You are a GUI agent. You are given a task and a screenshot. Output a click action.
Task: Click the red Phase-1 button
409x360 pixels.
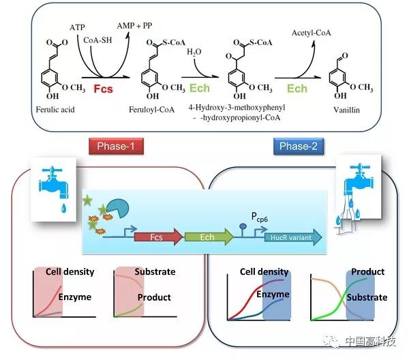tap(116, 146)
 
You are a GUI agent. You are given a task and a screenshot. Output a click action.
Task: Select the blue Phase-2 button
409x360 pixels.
tap(299, 146)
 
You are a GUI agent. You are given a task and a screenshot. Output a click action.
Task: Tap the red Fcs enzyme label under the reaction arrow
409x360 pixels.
tap(104, 89)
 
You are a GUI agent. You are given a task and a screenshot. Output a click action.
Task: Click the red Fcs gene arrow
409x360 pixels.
tap(158, 237)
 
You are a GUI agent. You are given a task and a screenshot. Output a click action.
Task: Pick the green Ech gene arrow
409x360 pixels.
tap(209, 237)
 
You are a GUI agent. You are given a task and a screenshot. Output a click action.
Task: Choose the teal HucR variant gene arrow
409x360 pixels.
tap(293, 237)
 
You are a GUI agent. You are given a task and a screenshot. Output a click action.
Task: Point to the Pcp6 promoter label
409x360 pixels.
tap(260, 217)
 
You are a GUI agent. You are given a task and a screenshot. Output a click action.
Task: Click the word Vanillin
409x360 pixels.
tap(347, 110)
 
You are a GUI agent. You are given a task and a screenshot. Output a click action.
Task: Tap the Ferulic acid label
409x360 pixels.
tap(55, 110)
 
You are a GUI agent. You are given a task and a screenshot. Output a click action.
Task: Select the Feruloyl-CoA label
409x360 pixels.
tap(152, 110)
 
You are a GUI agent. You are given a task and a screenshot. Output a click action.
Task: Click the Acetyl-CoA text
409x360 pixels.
tap(312, 33)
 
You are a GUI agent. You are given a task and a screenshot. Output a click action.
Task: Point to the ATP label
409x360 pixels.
tap(77, 27)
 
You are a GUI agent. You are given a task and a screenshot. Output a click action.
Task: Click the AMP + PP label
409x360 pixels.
tap(134, 25)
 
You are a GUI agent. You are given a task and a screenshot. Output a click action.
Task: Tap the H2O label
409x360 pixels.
tap(194, 52)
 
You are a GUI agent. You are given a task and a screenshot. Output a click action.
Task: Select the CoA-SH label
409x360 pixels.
tap(97, 40)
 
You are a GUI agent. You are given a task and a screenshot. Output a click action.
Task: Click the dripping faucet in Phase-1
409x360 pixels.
tap(54, 189)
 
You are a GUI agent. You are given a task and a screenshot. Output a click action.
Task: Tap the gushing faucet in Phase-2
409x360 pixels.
tap(359, 193)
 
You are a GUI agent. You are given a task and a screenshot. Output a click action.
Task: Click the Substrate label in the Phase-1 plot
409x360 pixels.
tap(155, 272)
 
